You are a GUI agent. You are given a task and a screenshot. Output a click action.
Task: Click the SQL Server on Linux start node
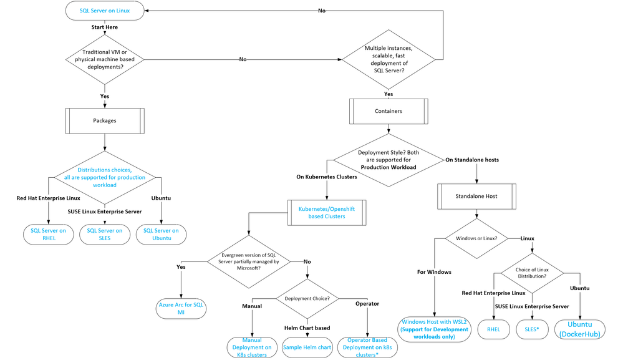coord(105,11)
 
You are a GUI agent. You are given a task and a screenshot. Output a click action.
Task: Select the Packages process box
coord(105,121)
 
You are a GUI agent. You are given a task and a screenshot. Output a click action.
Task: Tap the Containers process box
coord(389,111)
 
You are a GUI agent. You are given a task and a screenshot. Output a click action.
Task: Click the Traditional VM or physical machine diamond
coord(105,60)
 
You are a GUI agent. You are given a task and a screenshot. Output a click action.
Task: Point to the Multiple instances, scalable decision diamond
coord(389,60)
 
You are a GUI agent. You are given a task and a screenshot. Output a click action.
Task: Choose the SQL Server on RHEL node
coord(49,235)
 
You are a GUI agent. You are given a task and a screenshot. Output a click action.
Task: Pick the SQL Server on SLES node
coord(105,235)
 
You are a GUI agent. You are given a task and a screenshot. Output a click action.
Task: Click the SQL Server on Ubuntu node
coord(162,235)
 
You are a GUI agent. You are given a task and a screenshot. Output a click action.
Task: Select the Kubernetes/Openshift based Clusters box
coord(327,213)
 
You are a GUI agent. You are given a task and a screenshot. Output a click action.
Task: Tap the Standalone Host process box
coord(476,197)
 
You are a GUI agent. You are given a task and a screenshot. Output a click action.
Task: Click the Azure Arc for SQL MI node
coord(181,309)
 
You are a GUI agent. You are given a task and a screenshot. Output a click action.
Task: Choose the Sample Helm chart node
coord(307,348)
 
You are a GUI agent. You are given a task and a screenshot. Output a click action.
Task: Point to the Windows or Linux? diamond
coord(476,238)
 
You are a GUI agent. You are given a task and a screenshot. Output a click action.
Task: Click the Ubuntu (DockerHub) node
coord(580,329)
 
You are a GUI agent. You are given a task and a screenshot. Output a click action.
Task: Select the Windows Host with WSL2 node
coord(434,329)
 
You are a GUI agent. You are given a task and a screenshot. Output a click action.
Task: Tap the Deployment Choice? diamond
coord(307,299)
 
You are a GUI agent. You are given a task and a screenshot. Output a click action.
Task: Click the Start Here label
coord(105,27)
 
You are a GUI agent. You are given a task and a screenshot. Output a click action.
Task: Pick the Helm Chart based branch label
coord(307,328)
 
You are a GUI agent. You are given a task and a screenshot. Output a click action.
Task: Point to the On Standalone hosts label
coord(472,160)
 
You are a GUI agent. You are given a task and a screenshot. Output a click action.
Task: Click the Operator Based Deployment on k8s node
coord(367,348)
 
